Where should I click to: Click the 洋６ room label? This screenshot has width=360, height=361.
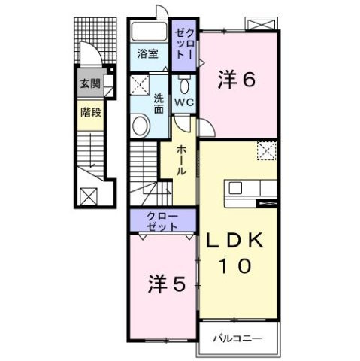point(235,80)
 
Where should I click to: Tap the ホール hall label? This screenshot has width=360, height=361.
point(181,161)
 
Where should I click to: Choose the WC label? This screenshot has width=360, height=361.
point(184,102)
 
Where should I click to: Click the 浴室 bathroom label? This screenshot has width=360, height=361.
point(148,54)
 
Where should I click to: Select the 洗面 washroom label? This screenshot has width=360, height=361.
point(159,102)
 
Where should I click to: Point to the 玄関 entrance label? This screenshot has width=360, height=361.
point(89,83)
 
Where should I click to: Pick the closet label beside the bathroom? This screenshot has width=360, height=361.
point(184,44)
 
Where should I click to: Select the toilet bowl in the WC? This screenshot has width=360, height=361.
point(184,83)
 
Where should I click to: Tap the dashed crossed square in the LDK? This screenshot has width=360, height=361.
point(266,151)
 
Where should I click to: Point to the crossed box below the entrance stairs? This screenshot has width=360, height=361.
point(89,197)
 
